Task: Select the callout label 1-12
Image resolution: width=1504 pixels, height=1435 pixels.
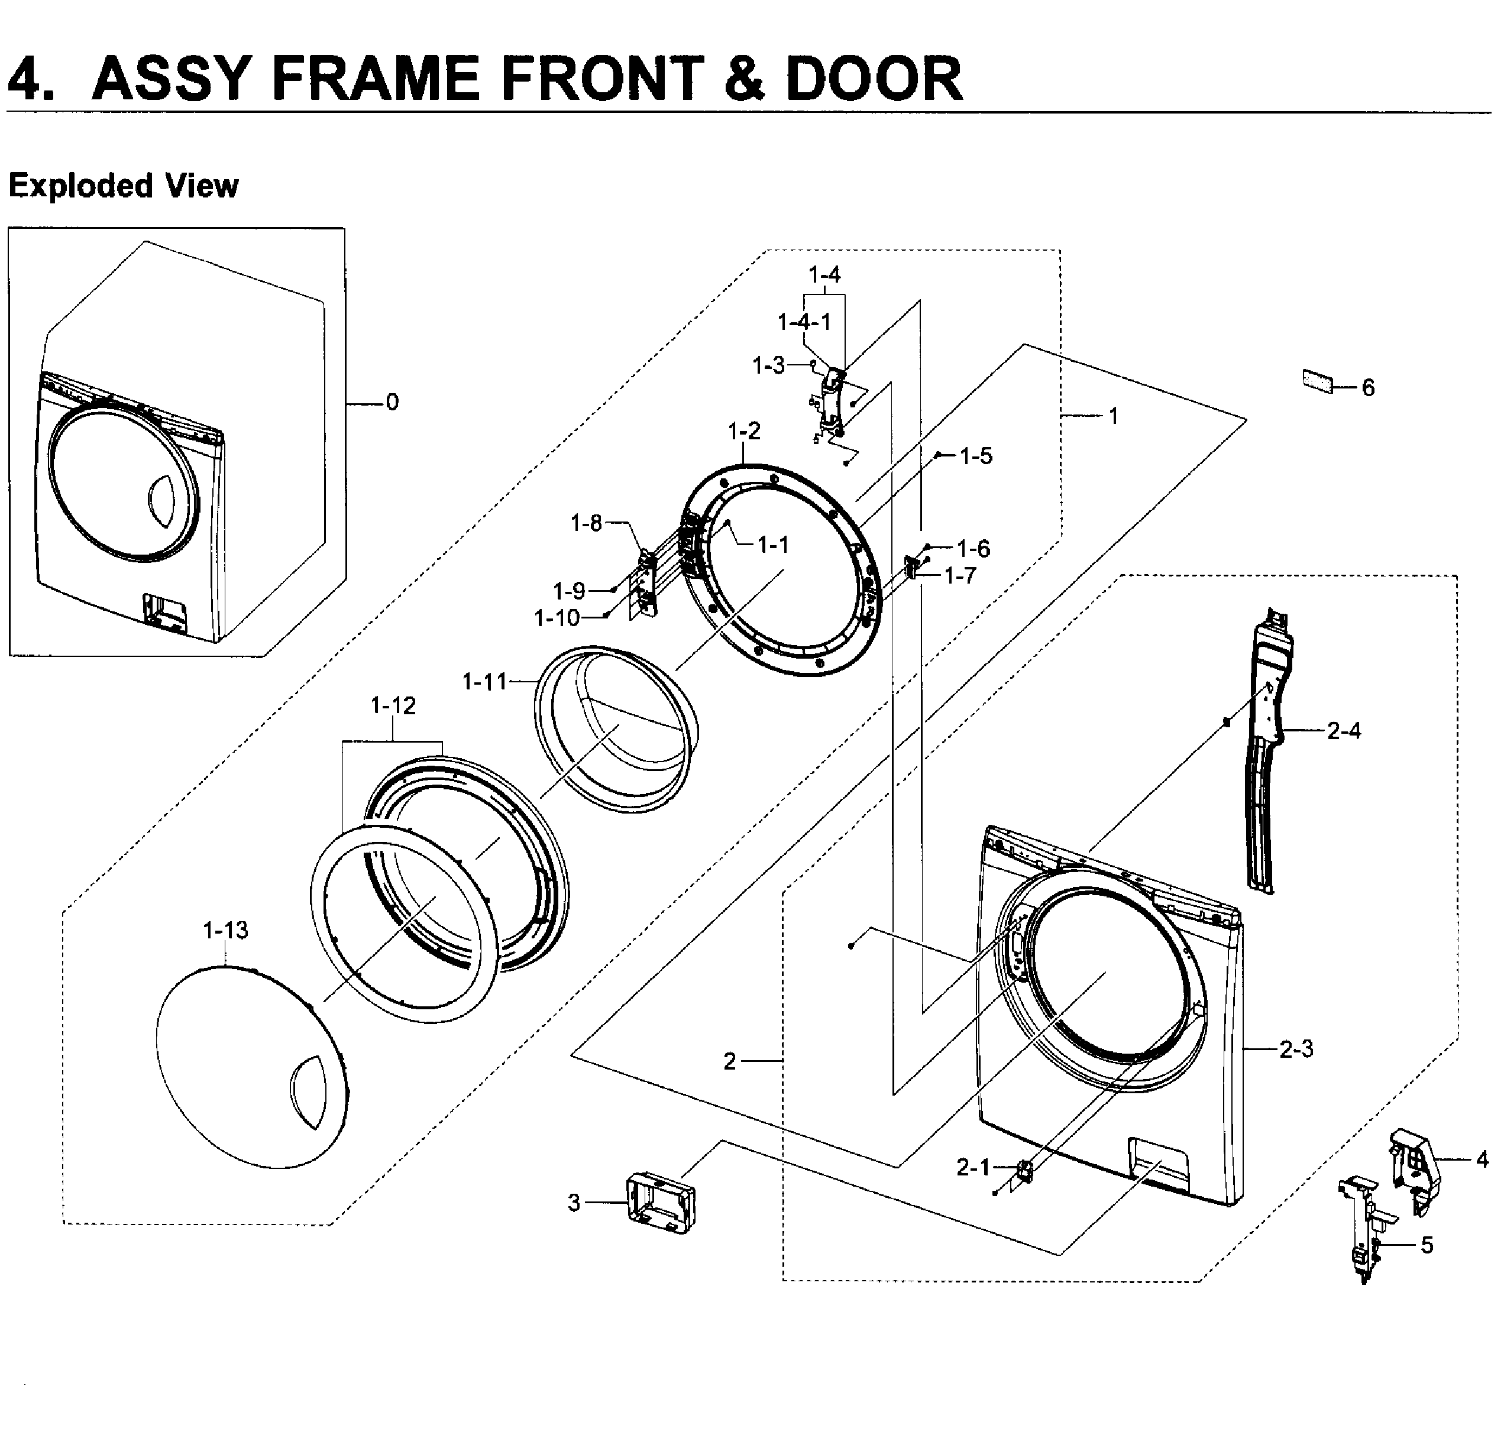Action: pos(393,705)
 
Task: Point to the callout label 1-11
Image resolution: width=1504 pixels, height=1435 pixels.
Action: pos(484,682)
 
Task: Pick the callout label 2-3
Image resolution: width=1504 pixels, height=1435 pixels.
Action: pos(1296,1049)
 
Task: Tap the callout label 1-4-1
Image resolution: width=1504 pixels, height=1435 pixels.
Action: pos(804,322)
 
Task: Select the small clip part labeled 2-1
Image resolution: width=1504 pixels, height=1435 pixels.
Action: pos(1024,1170)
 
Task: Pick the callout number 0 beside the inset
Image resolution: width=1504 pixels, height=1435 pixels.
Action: pos(392,402)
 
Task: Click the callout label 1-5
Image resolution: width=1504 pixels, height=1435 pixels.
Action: pos(975,456)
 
